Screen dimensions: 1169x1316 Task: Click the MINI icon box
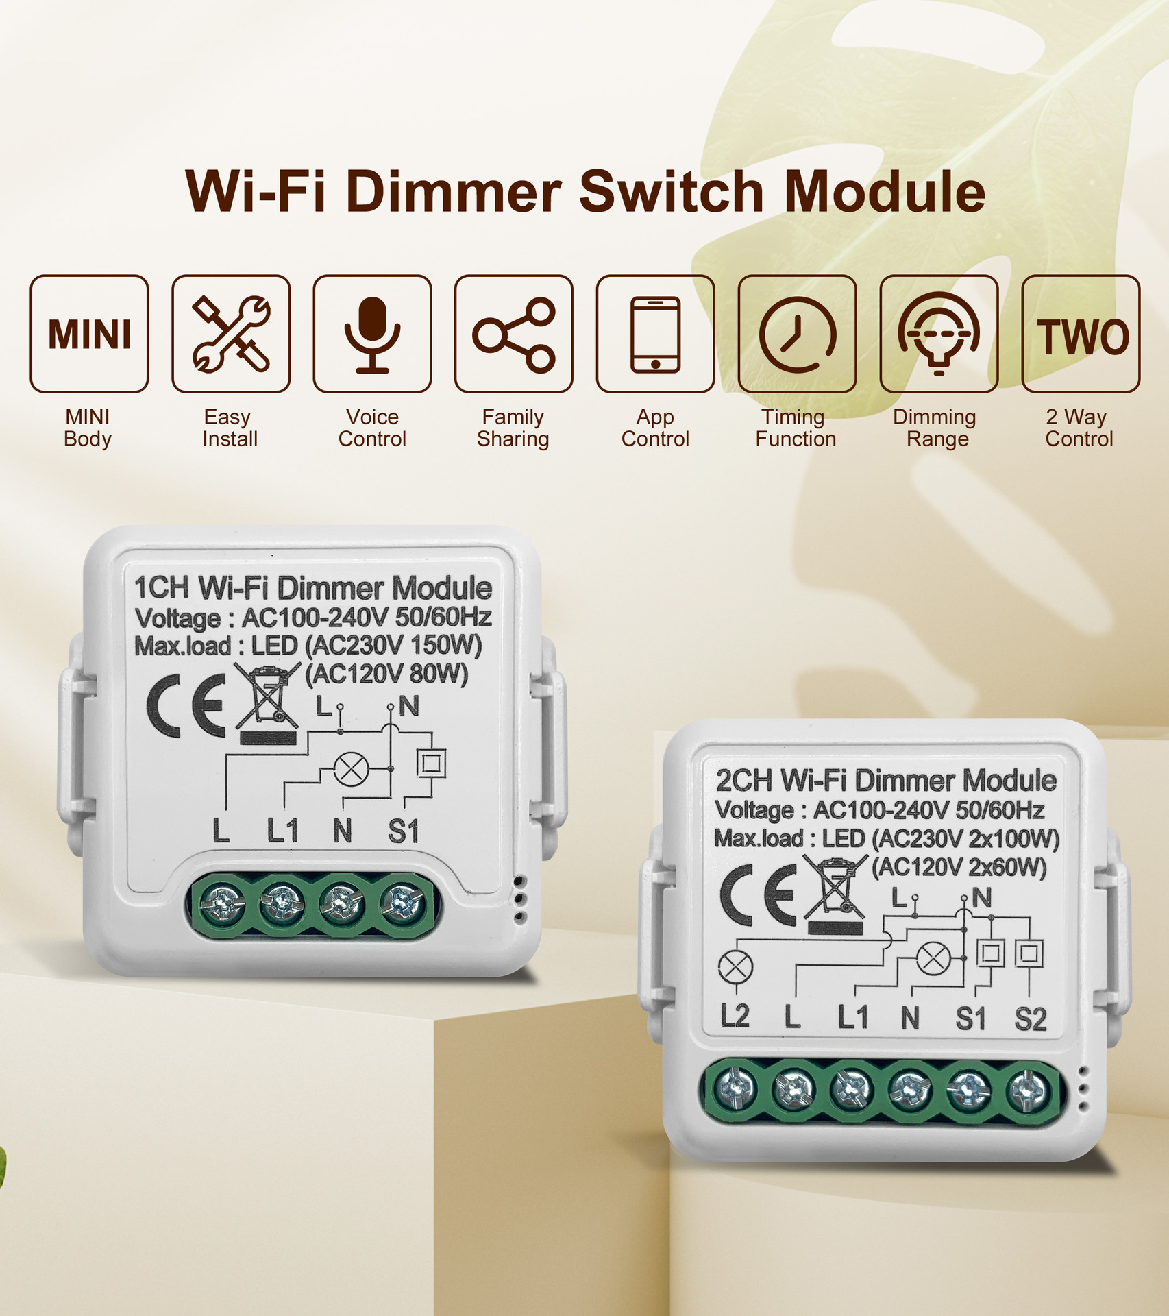click(89, 334)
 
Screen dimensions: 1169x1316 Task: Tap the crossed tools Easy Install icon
click(231, 334)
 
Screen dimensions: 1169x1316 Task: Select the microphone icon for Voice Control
click(372, 334)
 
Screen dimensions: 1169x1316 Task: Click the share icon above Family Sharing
click(514, 334)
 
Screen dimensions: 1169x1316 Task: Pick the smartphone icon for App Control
click(655, 334)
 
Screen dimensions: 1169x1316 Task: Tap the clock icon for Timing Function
click(797, 334)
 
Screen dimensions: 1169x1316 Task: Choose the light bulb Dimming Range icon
click(939, 334)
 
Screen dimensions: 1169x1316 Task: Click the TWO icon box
click(1081, 334)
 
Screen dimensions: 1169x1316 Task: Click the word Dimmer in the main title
click(454, 191)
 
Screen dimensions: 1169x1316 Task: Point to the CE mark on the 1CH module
click(186, 705)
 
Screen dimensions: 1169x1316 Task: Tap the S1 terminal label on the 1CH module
click(403, 831)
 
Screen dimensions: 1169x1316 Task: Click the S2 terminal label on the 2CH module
click(1031, 1019)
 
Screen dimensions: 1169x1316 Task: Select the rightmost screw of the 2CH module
click(1027, 1090)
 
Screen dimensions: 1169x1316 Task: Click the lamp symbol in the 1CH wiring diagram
click(351, 769)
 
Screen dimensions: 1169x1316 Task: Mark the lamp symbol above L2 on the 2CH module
click(735, 967)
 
